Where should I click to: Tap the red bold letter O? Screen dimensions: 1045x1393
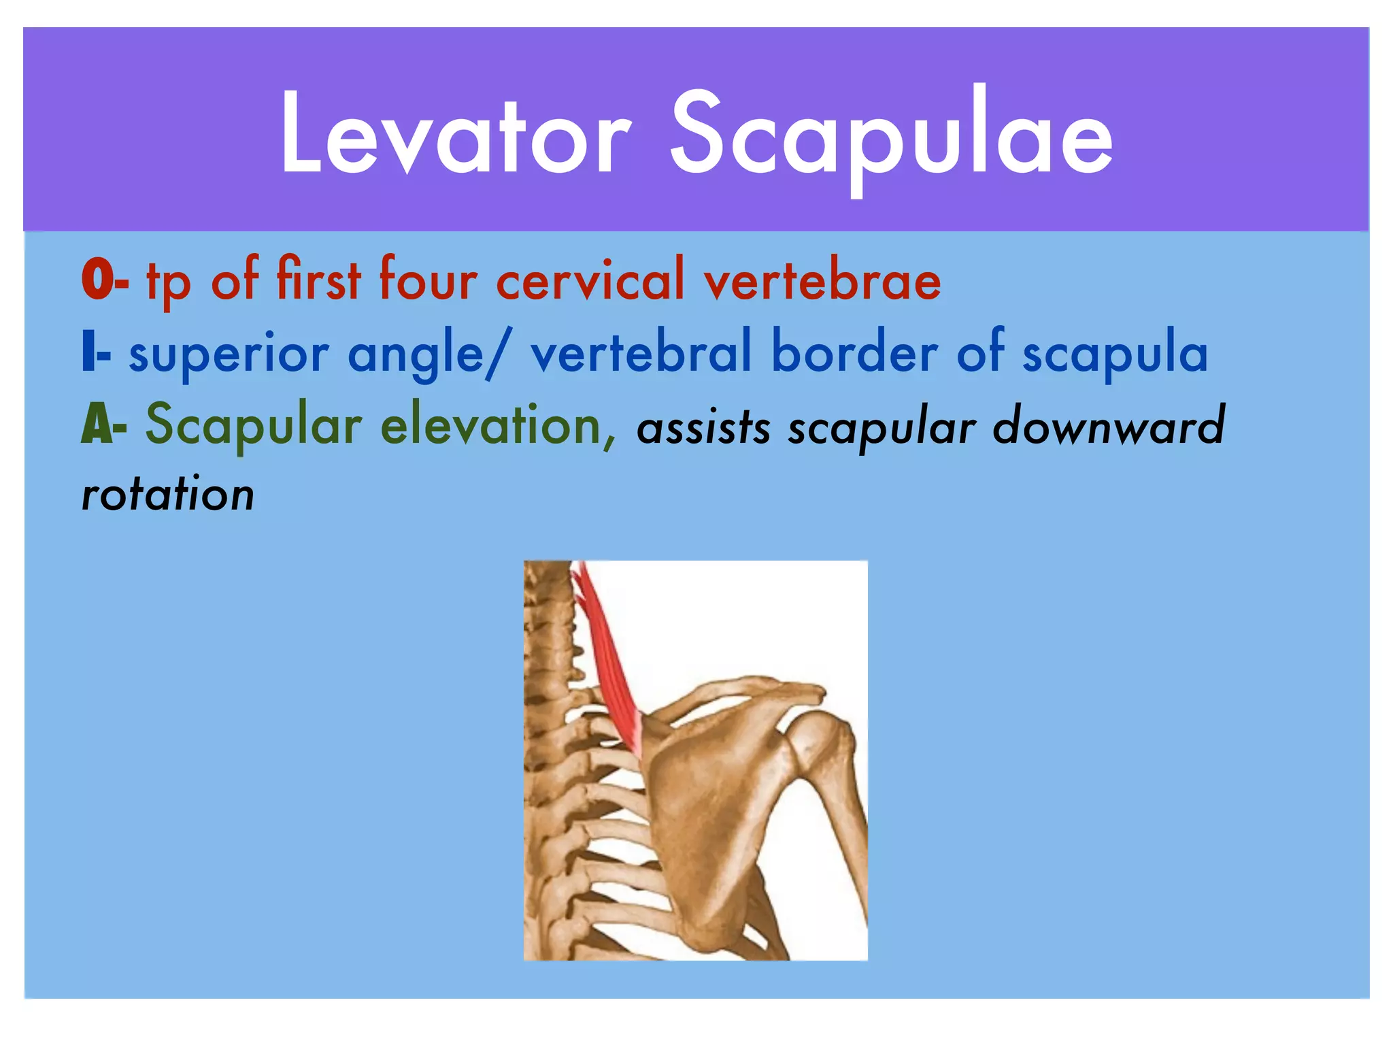97,280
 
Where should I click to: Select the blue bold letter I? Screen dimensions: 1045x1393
88,353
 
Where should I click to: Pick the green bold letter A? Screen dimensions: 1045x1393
95,425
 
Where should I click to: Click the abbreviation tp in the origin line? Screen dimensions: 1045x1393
167,282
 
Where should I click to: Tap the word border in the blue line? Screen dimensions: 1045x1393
854,352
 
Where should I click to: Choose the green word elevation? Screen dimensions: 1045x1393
490,425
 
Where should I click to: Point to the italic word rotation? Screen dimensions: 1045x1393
168,495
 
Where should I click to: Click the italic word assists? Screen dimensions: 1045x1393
703,428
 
